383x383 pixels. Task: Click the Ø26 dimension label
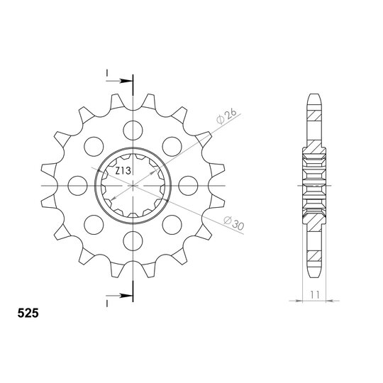pyautogui.click(x=227, y=116)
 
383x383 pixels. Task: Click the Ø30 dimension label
pyautogui.click(x=234, y=223)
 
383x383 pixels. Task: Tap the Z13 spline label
pyautogui.click(x=123, y=171)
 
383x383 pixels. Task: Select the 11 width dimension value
pyautogui.click(x=315, y=295)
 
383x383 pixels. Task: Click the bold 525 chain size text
pyautogui.click(x=28, y=313)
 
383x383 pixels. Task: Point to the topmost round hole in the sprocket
pyautogui.click(x=133, y=131)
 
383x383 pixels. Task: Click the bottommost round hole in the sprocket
pyautogui.click(x=133, y=241)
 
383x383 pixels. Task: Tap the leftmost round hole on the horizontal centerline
pyautogui.click(x=78, y=186)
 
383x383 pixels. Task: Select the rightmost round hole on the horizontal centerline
pyautogui.click(x=188, y=186)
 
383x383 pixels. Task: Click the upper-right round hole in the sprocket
pyautogui.click(x=172, y=147)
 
